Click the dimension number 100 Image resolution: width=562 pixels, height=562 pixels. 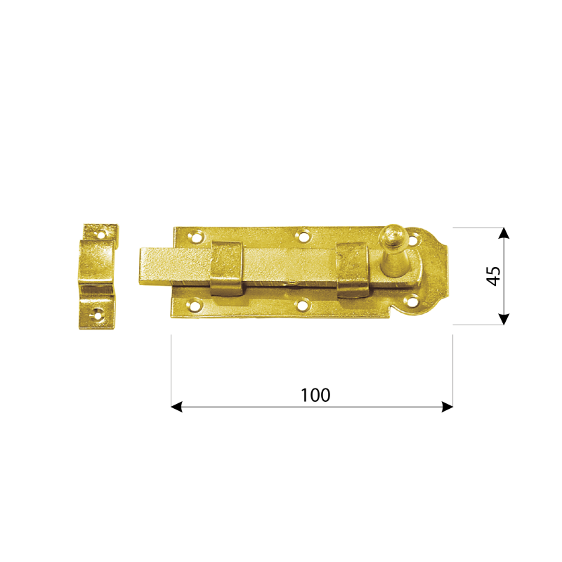click(315, 395)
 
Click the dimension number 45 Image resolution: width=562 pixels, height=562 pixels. click(493, 276)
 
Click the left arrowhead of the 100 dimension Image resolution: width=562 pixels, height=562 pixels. click(176, 407)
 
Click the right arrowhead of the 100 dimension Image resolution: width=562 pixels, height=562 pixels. click(447, 407)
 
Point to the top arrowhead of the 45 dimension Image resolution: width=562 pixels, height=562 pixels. click(504, 233)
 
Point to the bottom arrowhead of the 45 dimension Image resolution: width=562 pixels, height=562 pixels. click(504, 319)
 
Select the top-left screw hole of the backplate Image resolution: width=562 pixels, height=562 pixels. click(195, 237)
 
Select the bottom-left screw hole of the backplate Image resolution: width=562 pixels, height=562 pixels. click(195, 305)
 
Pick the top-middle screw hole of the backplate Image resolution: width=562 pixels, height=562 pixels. click(303, 236)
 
